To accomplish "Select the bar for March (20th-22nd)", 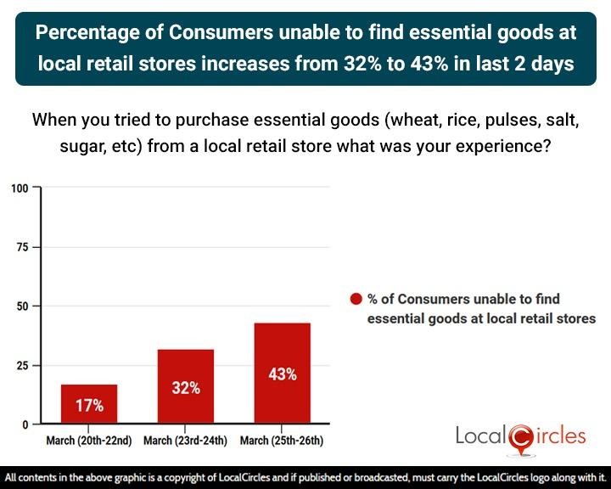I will coord(88,404).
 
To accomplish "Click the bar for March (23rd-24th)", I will coord(185,386).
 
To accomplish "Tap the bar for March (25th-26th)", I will coord(282,373).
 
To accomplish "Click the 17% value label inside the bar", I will coord(88,406).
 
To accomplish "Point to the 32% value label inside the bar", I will coord(185,388).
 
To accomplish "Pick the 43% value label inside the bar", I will coord(282,374).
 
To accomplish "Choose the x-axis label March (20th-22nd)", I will coord(89,441).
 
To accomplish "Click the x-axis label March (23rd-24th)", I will coord(186,441).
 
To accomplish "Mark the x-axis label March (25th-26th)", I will coord(282,441).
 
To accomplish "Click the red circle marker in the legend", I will coord(356,299).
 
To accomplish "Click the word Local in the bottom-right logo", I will coord(481,436).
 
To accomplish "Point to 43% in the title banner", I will coord(436,63).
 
